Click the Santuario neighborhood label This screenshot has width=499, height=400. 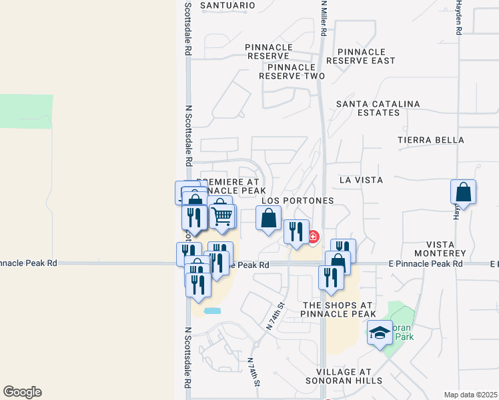227,5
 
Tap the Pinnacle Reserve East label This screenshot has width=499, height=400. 366,56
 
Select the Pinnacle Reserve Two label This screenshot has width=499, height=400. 292,72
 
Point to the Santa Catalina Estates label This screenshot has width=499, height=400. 378,108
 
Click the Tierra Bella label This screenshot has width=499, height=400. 430,140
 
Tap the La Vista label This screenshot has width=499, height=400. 361,180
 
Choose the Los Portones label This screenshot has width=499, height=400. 297,200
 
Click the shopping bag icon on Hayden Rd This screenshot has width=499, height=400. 463,192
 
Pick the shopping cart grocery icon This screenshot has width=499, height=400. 222,215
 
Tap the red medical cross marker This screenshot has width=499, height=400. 313,237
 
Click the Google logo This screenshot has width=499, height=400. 22,392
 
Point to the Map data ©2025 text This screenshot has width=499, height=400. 470,395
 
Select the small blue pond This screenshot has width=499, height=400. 211,311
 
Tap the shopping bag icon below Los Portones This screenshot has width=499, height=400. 268,219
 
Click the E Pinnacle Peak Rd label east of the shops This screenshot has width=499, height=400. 426,264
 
